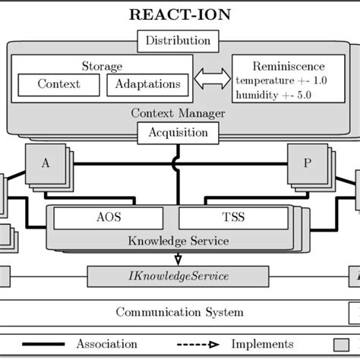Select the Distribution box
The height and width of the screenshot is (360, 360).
coord(179,41)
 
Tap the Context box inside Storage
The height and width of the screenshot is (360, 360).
coord(58,84)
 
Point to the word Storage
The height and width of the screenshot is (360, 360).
coord(102,66)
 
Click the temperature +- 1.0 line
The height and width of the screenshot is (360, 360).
coord(279,81)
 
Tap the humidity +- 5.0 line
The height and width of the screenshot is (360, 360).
coord(274,94)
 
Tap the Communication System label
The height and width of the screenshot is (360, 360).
coord(179,312)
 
